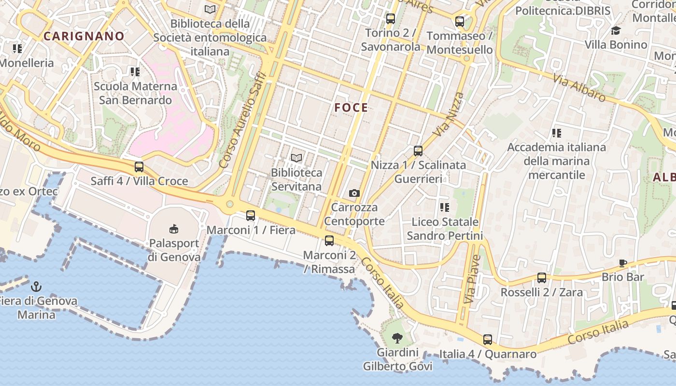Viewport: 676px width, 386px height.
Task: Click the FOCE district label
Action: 351,108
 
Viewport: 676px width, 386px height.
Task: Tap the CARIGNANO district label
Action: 84,36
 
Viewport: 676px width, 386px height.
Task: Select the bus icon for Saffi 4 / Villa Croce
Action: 139,167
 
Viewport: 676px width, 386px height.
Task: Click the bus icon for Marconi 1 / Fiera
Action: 250,216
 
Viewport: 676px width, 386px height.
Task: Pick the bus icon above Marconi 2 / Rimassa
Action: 329,241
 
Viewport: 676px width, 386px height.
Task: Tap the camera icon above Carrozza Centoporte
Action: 354,193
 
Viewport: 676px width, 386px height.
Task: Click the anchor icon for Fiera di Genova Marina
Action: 36,287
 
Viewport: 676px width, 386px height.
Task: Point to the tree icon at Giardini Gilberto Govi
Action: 397,338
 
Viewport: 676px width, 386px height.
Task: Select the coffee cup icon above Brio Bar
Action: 623,263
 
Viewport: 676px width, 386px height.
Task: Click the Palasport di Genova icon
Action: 174,229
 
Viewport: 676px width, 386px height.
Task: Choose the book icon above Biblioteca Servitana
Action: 296,158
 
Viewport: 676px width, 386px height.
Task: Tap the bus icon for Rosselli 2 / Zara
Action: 542,278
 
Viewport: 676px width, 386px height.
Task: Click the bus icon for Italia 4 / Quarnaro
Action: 488,340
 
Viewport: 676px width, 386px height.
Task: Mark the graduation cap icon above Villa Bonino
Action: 616,31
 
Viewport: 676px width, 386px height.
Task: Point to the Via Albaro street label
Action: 579,88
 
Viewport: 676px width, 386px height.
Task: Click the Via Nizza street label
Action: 448,114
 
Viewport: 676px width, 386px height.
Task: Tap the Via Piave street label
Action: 472,279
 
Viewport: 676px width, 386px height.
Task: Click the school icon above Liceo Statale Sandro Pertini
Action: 445,207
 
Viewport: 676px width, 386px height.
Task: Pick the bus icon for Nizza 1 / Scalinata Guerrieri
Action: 418,151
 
